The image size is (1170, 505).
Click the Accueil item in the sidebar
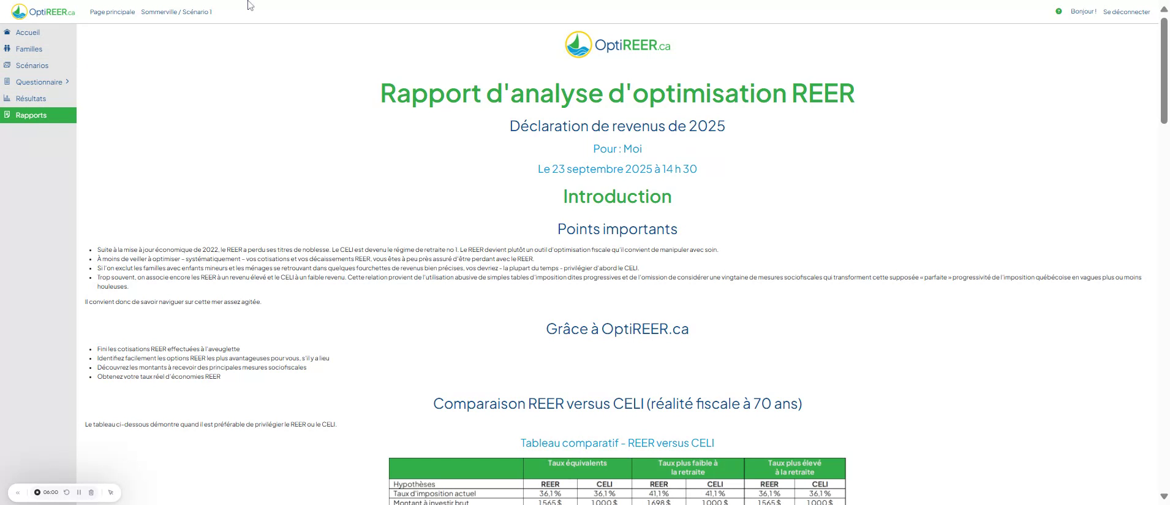[28, 32]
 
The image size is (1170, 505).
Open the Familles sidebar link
[29, 49]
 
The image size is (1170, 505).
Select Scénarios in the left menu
[32, 66]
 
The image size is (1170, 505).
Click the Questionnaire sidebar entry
[39, 82]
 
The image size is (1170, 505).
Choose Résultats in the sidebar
[31, 99]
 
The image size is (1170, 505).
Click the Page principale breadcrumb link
[112, 12]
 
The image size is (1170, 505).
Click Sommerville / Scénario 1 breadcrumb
[176, 12]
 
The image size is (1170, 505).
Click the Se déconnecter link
[1127, 12]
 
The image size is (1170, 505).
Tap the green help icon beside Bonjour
[1059, 12]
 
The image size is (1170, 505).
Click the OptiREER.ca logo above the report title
[617, 45]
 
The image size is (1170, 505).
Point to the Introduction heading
[617, 196]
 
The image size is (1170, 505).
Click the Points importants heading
[617, 229]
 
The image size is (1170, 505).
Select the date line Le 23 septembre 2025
[617, 169]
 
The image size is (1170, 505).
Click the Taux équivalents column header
[577, 463]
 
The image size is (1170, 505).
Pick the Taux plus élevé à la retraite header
[794, 468]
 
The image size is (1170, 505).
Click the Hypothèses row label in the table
[414, 484]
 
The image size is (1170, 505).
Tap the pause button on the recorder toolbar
[79, 492]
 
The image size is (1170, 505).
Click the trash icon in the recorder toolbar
[91, 492]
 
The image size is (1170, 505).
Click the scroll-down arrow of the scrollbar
[1164, 496]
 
